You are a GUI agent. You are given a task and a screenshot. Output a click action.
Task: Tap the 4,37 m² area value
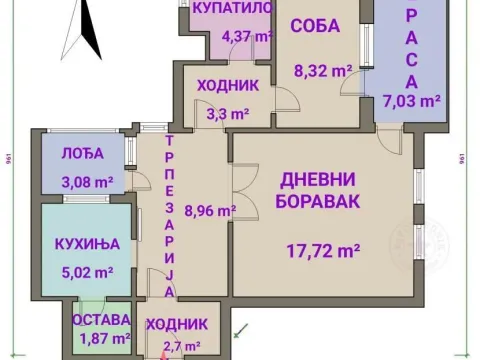247,37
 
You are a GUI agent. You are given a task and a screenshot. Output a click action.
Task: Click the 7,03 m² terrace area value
412,100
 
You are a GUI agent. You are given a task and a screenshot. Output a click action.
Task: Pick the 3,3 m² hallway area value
227,114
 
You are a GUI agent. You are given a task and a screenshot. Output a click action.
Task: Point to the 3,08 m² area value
87,182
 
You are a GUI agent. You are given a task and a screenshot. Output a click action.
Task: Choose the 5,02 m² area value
87,270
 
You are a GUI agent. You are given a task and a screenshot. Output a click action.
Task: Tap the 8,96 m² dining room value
210,211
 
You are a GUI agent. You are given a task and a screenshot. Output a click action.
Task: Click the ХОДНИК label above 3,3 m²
228,86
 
